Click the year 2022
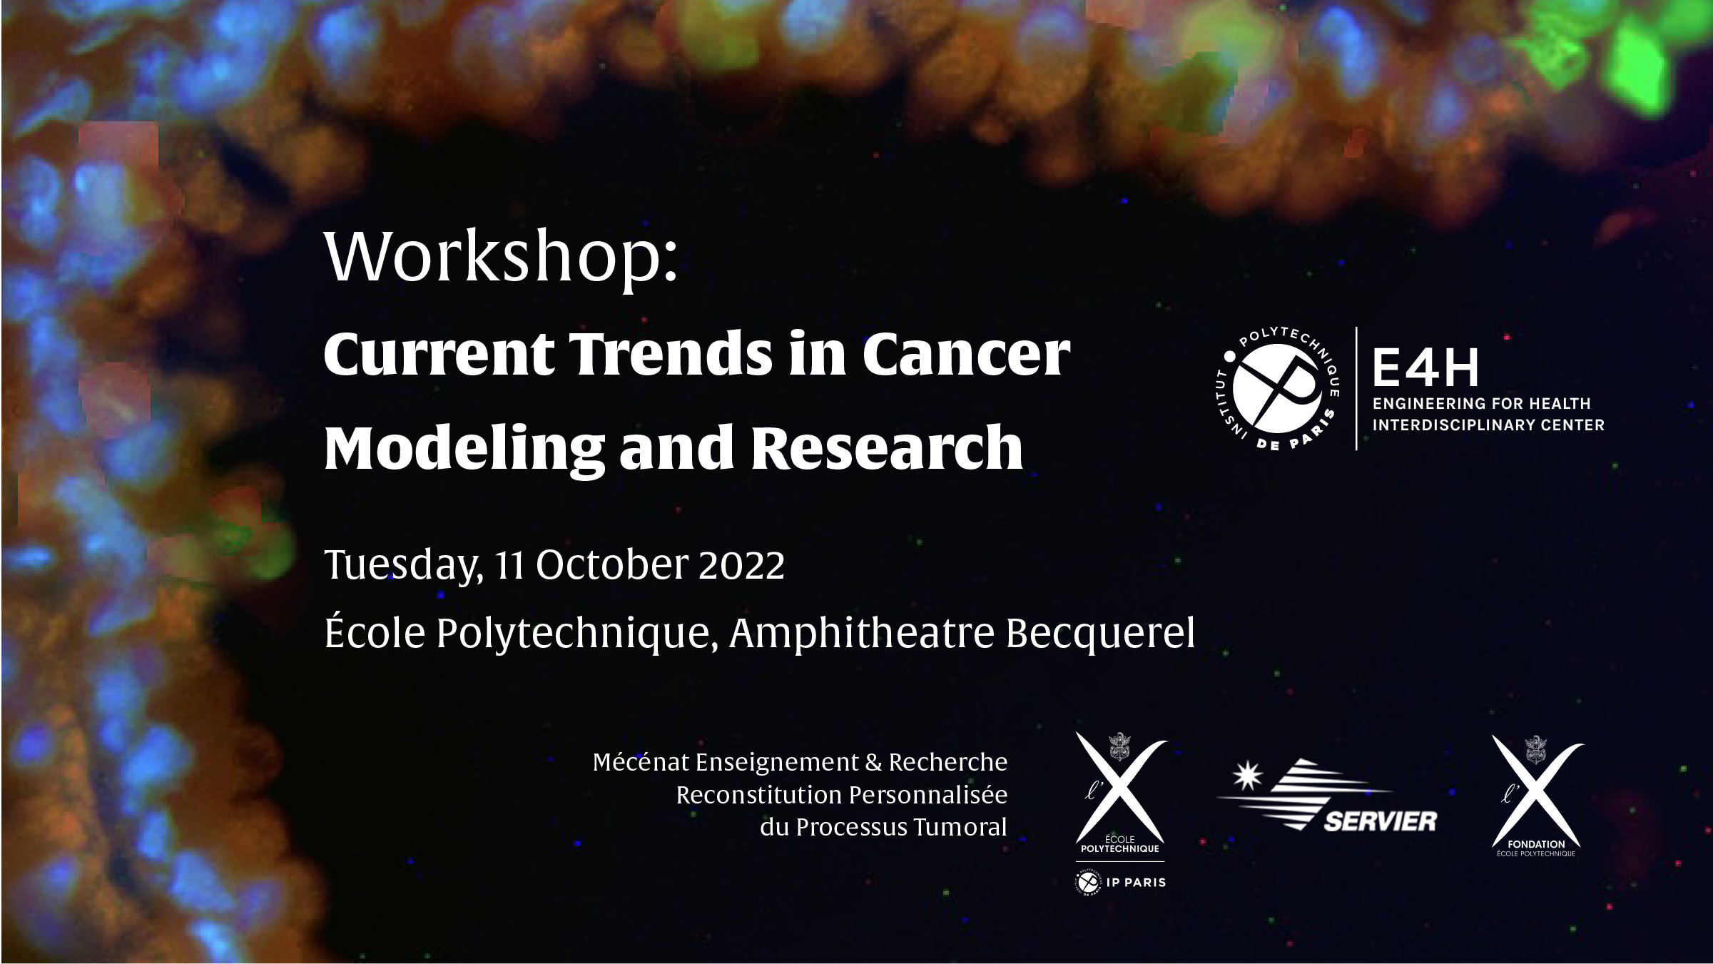(x=742, y=565)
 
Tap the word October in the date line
(x=611, y=565)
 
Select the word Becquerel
(x=1100, y=634)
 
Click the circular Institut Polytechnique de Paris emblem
(x=1276, y=390)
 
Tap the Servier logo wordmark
(x=1381, y=821)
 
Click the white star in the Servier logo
(x=1247, y=776)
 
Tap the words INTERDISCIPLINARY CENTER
(x=1488, y=425)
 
